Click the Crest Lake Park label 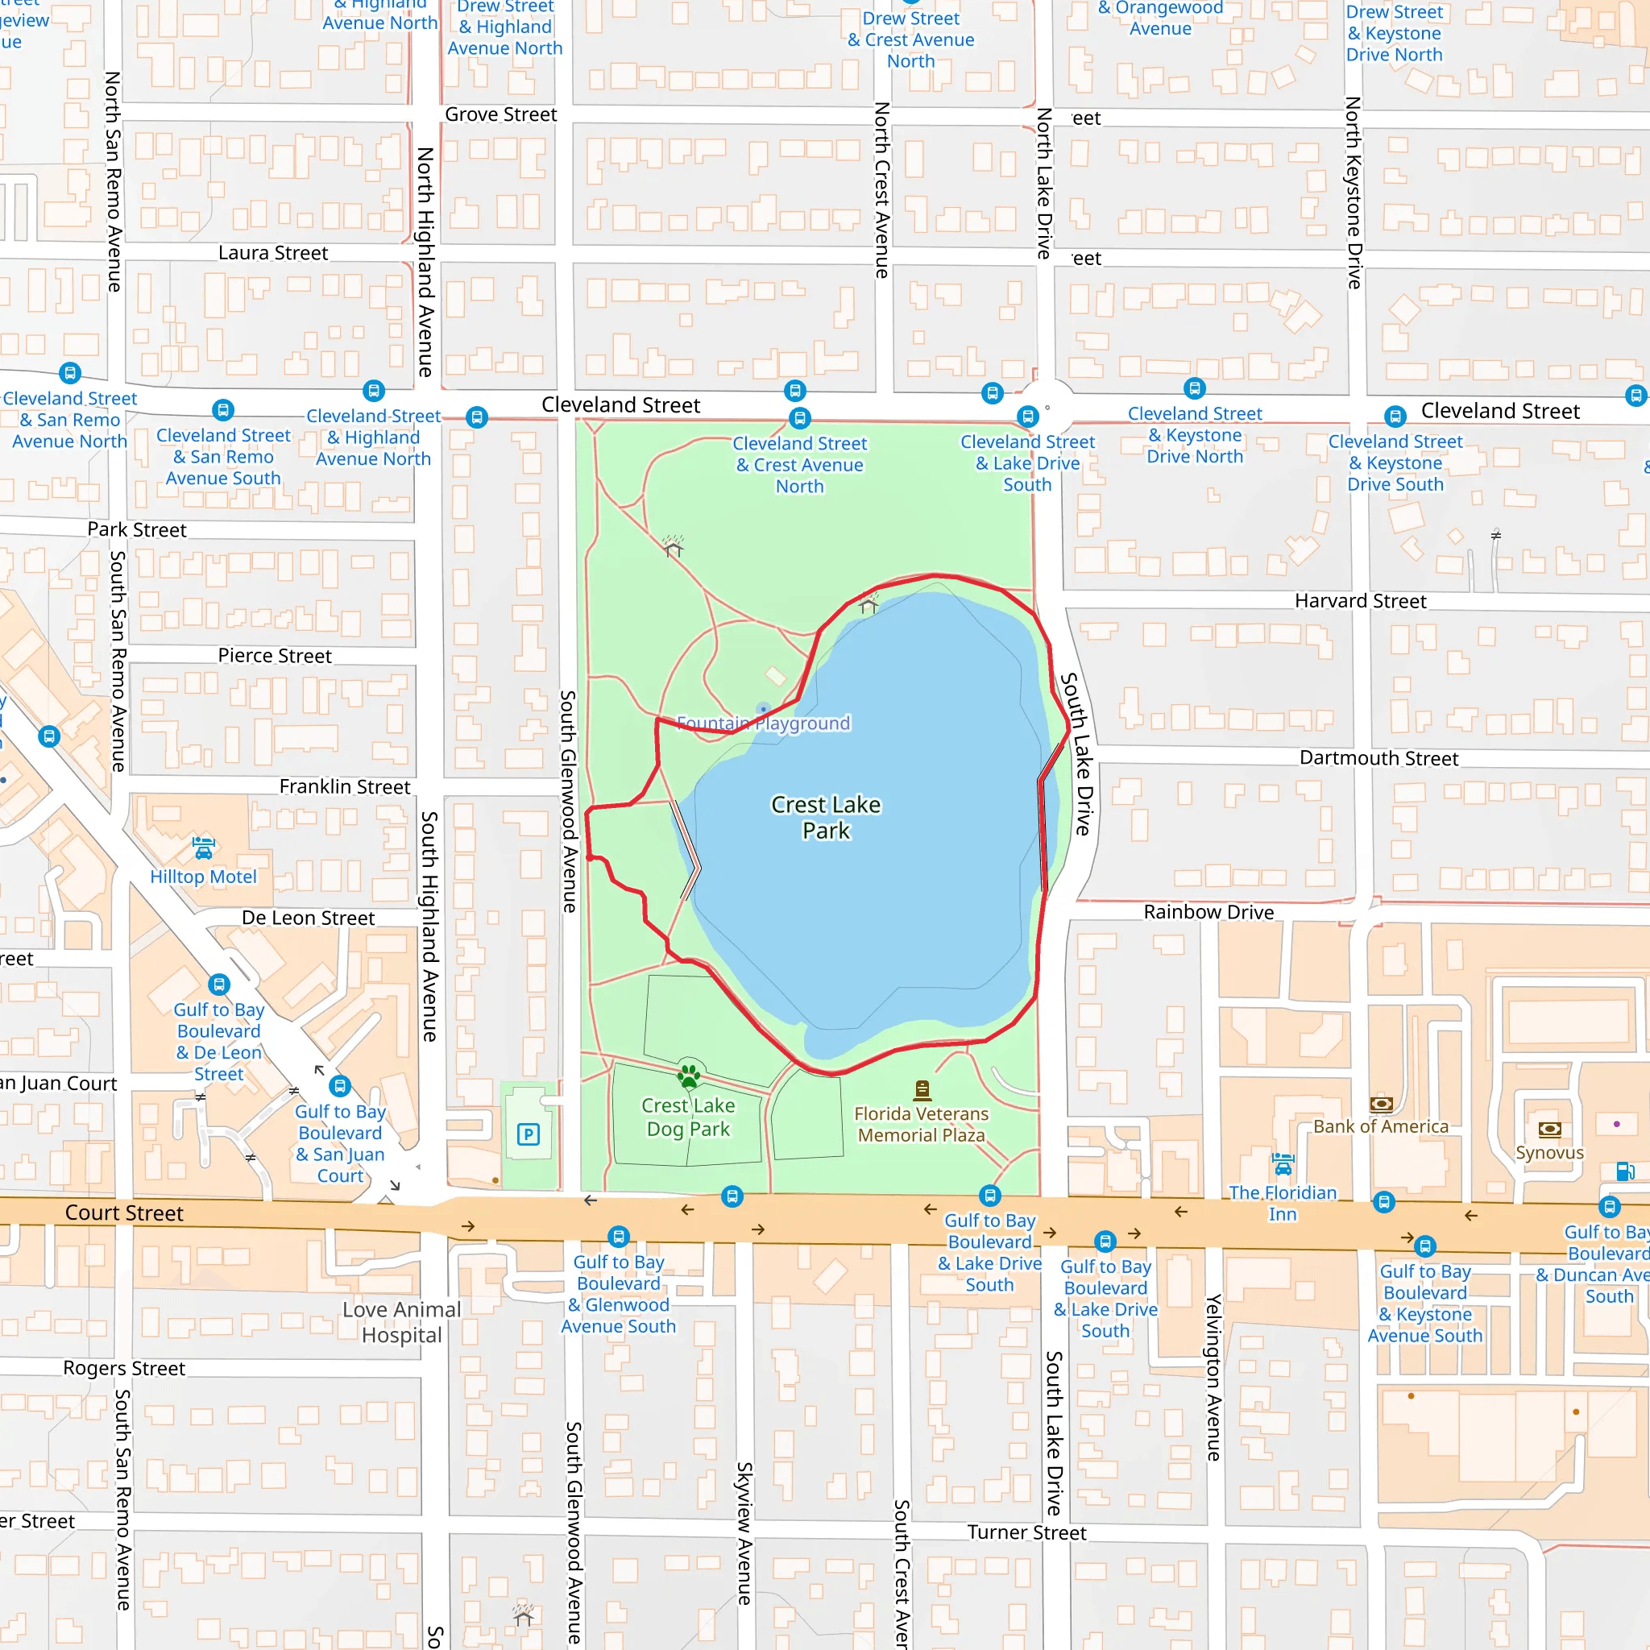[825, 817]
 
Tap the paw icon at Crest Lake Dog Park [688, 1076]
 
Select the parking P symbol [529, 1134]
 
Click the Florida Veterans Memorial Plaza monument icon [922, 1090]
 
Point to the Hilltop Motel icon [203, 848]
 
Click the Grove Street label [500, 114]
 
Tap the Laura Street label [272, 253]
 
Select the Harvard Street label [1360, 601]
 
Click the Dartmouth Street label [1378, 758]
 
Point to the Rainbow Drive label [1208, 912]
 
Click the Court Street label [124, 1213]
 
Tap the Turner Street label [1026, 1532]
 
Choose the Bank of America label [1380, 1126]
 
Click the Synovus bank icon [1549, 1130]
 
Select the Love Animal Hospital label [401, 1322]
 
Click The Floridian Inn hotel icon [1282, 1163]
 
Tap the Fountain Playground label [763, 723]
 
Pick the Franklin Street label [344, 786]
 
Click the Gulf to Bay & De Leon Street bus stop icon [219, 985]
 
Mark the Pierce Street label [274, 656]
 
